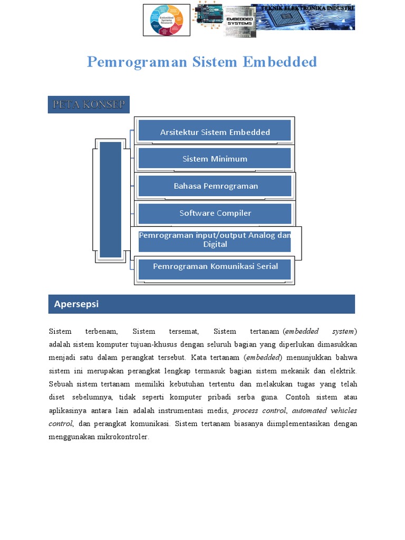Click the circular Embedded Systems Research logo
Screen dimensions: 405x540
tap(167, 20)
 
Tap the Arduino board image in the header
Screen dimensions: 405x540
tap(208, 18)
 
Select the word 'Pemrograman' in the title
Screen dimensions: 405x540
tap(137, 62)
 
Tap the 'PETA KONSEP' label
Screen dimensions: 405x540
tap(89, 104)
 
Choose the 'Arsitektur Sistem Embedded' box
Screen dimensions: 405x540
tap(215, 132)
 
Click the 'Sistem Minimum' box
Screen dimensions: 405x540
tap(215, 159)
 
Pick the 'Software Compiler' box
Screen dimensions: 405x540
tap(215, 213)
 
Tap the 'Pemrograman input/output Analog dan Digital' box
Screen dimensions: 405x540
tap(215, 240)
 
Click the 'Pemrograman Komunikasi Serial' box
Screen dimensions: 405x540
tap(215, 267)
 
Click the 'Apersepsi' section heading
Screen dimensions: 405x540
tap(76, 304)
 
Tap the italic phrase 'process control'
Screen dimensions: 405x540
tap(255, 410)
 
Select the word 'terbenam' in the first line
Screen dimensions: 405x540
tap(101, 331)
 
